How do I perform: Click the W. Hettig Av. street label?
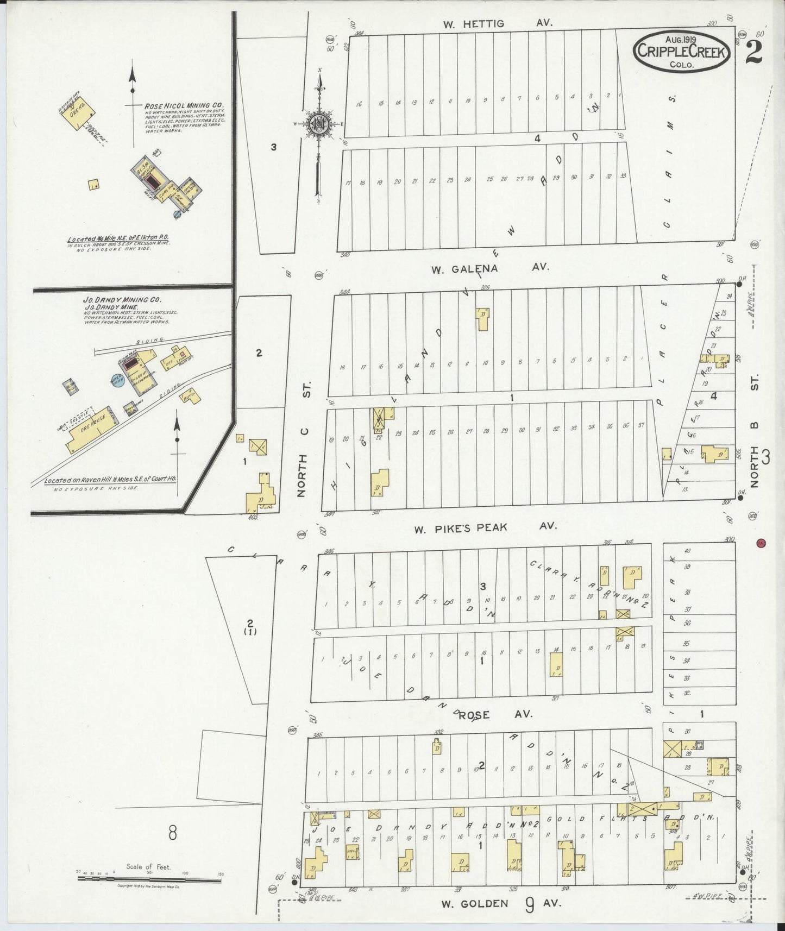pyautogui.click(x=497, y=23)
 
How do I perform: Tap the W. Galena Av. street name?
pyautogui.click(x=490, y=268)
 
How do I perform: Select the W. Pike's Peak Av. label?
pyautogui.click(x=485, y=527)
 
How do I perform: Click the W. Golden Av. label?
pyautogui.click(x=499, y=903)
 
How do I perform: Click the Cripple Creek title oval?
pyautogui.click(x=682, y=50)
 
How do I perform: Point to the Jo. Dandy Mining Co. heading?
pyautogui.click(x=122, y=299)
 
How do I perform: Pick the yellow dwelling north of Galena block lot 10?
pyautogui.click(x=482, y=319)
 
